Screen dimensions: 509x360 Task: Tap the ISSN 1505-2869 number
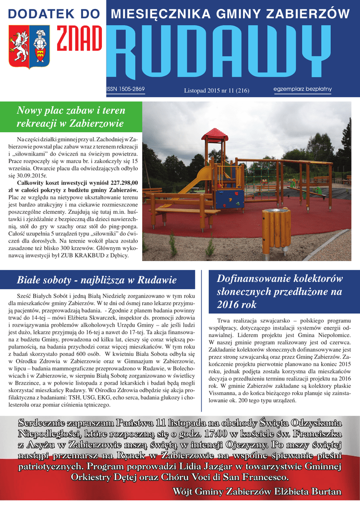pyautogui.click(x=125, y=89)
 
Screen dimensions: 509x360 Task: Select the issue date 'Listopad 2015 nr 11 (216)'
pyautogui.click(x=216, y=90)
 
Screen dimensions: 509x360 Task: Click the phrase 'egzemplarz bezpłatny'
pyautogui.click(x=302, y=89)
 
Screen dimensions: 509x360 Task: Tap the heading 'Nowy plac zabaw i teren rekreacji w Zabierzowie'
pyautogui.click(x=71, y=116)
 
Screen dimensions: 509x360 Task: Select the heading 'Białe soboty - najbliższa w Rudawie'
pyautogui.click(x=97, y=279)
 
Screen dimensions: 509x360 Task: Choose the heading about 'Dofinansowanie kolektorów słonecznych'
pyautogui.click(x=279, y=291)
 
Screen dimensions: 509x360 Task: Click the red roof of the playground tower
pyautogui.click(x=215, y=134)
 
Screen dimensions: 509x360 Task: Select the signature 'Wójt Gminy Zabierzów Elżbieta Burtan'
pyautogui.click(x=257, y=492)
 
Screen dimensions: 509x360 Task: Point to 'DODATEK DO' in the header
pyautogui.click(x=53, y=14)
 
